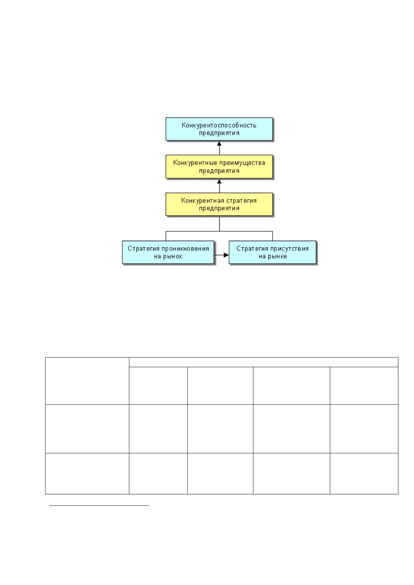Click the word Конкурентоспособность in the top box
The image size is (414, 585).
219,125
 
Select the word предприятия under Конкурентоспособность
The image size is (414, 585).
219,133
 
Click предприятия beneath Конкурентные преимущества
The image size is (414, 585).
219,171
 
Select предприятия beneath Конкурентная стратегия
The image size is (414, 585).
219,208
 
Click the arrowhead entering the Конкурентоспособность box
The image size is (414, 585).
219,143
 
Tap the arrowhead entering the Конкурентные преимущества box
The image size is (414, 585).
219,181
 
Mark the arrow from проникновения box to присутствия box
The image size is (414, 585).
221,255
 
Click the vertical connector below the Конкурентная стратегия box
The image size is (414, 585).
219,224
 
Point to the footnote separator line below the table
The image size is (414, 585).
99,506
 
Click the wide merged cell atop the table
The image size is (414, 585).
263,362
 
